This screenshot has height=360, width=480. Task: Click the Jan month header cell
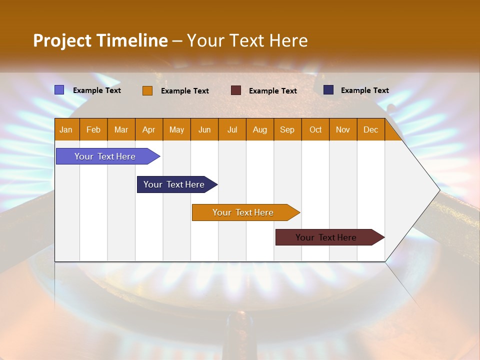[x=66, y=129]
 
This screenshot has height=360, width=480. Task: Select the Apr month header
[x=149, y=129]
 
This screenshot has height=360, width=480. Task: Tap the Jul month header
[x=232, y=129]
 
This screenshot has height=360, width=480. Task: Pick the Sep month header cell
[x=287, y=129]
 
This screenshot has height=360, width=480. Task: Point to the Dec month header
[x=370, y=129]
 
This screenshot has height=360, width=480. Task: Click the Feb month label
[x=93, y=129]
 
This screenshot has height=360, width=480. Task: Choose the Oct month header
[x=315, y=129]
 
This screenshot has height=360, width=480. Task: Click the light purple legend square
[x=59, y=90]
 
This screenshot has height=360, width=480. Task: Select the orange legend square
[x=147, y=90]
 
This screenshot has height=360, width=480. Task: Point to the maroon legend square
[x=236, y=90]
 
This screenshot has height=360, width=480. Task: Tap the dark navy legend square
[x=328, y=90]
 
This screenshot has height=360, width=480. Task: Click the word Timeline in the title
[x=132, y=40]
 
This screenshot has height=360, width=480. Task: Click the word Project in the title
[x=62, y=40]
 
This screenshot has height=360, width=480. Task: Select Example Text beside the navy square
[x=364, y=90]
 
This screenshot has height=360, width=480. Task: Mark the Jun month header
[x=204, y=129]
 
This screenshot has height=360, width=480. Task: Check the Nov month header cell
[x=342, y=129]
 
